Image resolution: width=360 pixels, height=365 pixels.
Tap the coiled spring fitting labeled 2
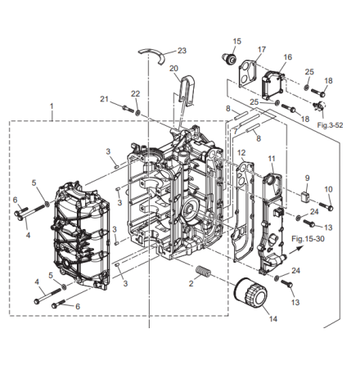click(x=204, y=271)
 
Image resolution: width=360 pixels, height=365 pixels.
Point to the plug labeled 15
click(x=228, y=58)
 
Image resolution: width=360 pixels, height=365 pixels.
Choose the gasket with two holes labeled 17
click(x=248, y=74)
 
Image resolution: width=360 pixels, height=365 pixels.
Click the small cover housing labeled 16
click(x=273, y=85)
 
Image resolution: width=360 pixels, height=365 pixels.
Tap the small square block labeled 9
click(x=305, y=196)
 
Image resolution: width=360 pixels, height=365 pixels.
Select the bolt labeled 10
click(x=326, y=206)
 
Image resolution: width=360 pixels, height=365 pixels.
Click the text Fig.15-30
click(x=308, y=239)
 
